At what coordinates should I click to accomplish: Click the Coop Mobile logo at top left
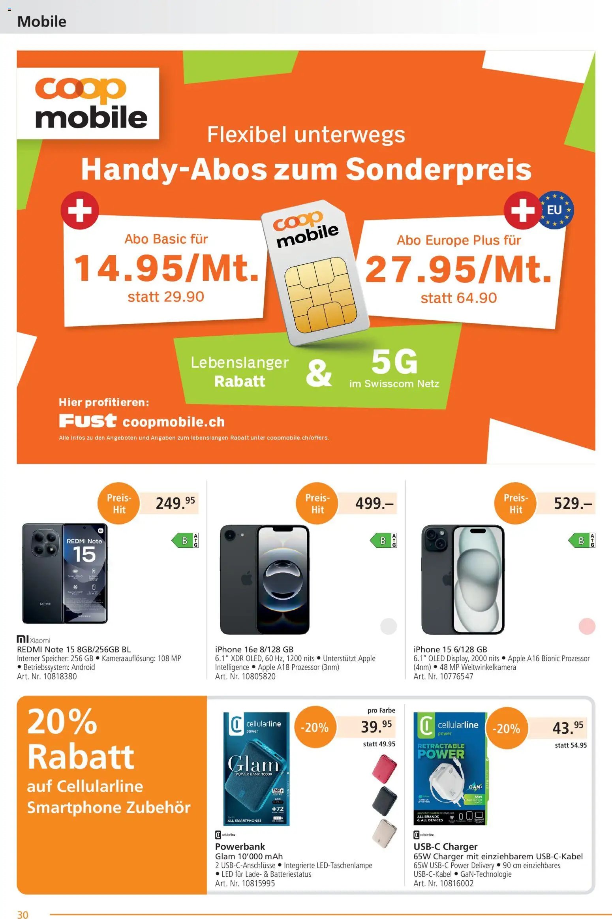pyautogui.click(x=88, y=103)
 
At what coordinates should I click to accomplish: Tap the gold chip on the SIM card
pyautogui.click(x=321, y=295)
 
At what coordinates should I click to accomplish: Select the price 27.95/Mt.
pyautogui.click(x=458, y=270)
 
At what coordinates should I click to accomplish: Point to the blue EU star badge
pyautogui.click(x=557, y=210)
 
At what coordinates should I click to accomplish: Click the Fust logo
pyautogui.click(x=88, y=421)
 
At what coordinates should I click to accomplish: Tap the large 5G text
pyautogui.click(x=394, y=362)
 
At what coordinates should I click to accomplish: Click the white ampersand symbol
pyautogui.click(x=318, y=373)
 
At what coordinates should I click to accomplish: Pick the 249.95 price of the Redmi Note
pyautogui.click(x=175, y=503)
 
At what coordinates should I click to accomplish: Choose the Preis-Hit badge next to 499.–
pyautogui.click(x=317, y=503)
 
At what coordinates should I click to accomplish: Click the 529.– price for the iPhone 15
pyautogui.click(x=573, y=503)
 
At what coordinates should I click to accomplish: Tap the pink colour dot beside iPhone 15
pyautogui.click(x=587, y=626)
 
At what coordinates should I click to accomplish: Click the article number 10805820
pyautogui.click(x=259, y=676)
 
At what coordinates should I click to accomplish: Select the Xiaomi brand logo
pyautogui.click(x=34, y=639)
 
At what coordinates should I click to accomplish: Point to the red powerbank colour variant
pyautogui.click(x=384, y=767)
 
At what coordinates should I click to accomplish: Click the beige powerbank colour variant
pyautogui.click(x=384, y=833)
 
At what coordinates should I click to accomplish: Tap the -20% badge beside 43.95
pyautogui.click(x=506, y=728)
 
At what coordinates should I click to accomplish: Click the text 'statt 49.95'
pyautogui.click(x=379, y=744)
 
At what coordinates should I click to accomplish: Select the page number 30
pyautogui.click(x=23, y=915)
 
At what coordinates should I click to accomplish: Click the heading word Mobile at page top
pyautogui.click(x=42, y=22)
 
